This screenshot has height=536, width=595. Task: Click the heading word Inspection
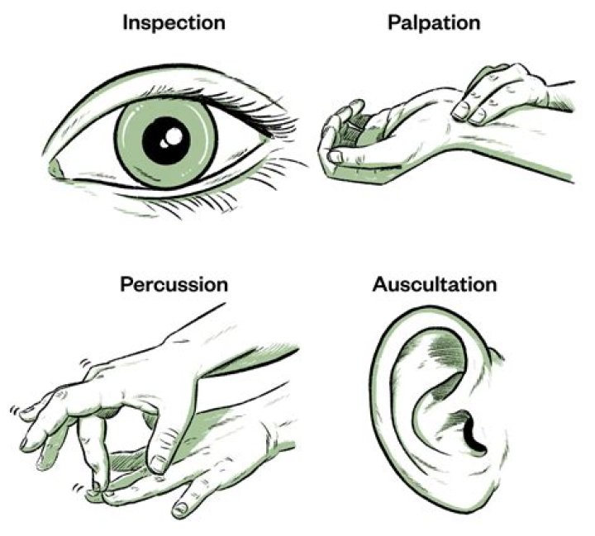pos(174,22)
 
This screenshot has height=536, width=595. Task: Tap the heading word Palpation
pos(434,22)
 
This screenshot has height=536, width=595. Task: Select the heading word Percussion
pos(174,285)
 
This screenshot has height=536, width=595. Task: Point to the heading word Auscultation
pos(435,285)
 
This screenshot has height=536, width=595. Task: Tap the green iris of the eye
pos(132,153)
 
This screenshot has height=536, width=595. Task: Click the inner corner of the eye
pos(56,169)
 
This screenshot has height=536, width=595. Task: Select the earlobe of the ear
pos(479,487)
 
